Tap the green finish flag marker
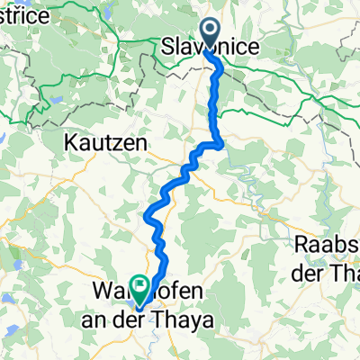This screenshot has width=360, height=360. [140, 286]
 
